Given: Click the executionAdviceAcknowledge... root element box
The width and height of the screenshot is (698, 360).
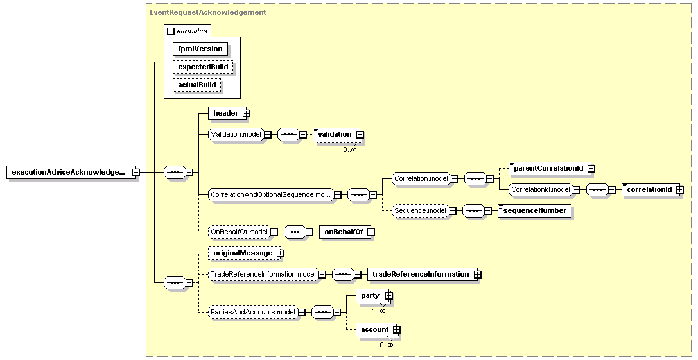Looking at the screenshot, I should pyautogui.click(x=68, y=172).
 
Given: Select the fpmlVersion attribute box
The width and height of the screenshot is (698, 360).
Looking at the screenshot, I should pyautogui.click(x=200, y=49).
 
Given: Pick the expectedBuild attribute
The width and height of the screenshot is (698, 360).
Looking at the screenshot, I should pyautogui.click(x=202, y=67).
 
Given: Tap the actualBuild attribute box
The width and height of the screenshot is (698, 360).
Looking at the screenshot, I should pyautogui.click(x=196, y=85).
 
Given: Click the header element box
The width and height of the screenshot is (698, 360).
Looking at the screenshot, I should pyautogui.click(x=225, y=114).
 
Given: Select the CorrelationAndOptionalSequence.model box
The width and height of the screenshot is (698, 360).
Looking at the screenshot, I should pyautogui.click(x=270, y=194).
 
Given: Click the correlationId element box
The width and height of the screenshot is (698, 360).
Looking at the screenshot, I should pyautogui.click(x=649, y=190).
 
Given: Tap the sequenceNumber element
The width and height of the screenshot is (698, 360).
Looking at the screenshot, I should pyautogui.click(x=534, y=210).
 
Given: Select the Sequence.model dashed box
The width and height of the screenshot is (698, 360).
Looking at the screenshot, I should pyautogui.click(x=419, y=210).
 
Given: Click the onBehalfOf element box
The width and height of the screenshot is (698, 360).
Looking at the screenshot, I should pyautogui.click(x=343, y=232).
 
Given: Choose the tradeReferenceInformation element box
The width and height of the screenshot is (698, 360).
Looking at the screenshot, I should pyautogui.click(x=421, y=275).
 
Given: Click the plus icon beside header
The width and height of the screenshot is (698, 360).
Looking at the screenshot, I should pyautogui.click(x=246, y=114).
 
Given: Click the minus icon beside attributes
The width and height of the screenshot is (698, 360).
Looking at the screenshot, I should pyautogui.click(x=170, y=31).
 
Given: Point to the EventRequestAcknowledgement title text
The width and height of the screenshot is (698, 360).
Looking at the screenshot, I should pyautogui.click(x=207, y=12).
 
